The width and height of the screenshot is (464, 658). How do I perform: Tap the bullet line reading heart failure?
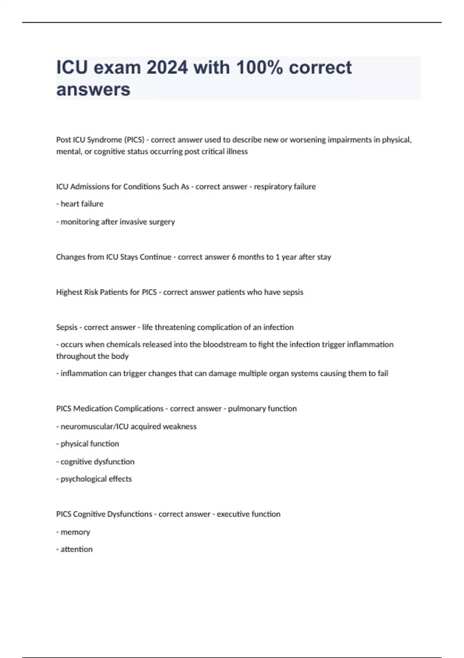pos(80,204)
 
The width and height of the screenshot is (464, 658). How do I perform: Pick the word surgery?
pos(162,222)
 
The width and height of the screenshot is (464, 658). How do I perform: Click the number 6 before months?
pos(234,257)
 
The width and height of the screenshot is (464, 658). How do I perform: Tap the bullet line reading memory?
pos(73,532)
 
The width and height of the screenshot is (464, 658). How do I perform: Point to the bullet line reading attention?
pos(75,549)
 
